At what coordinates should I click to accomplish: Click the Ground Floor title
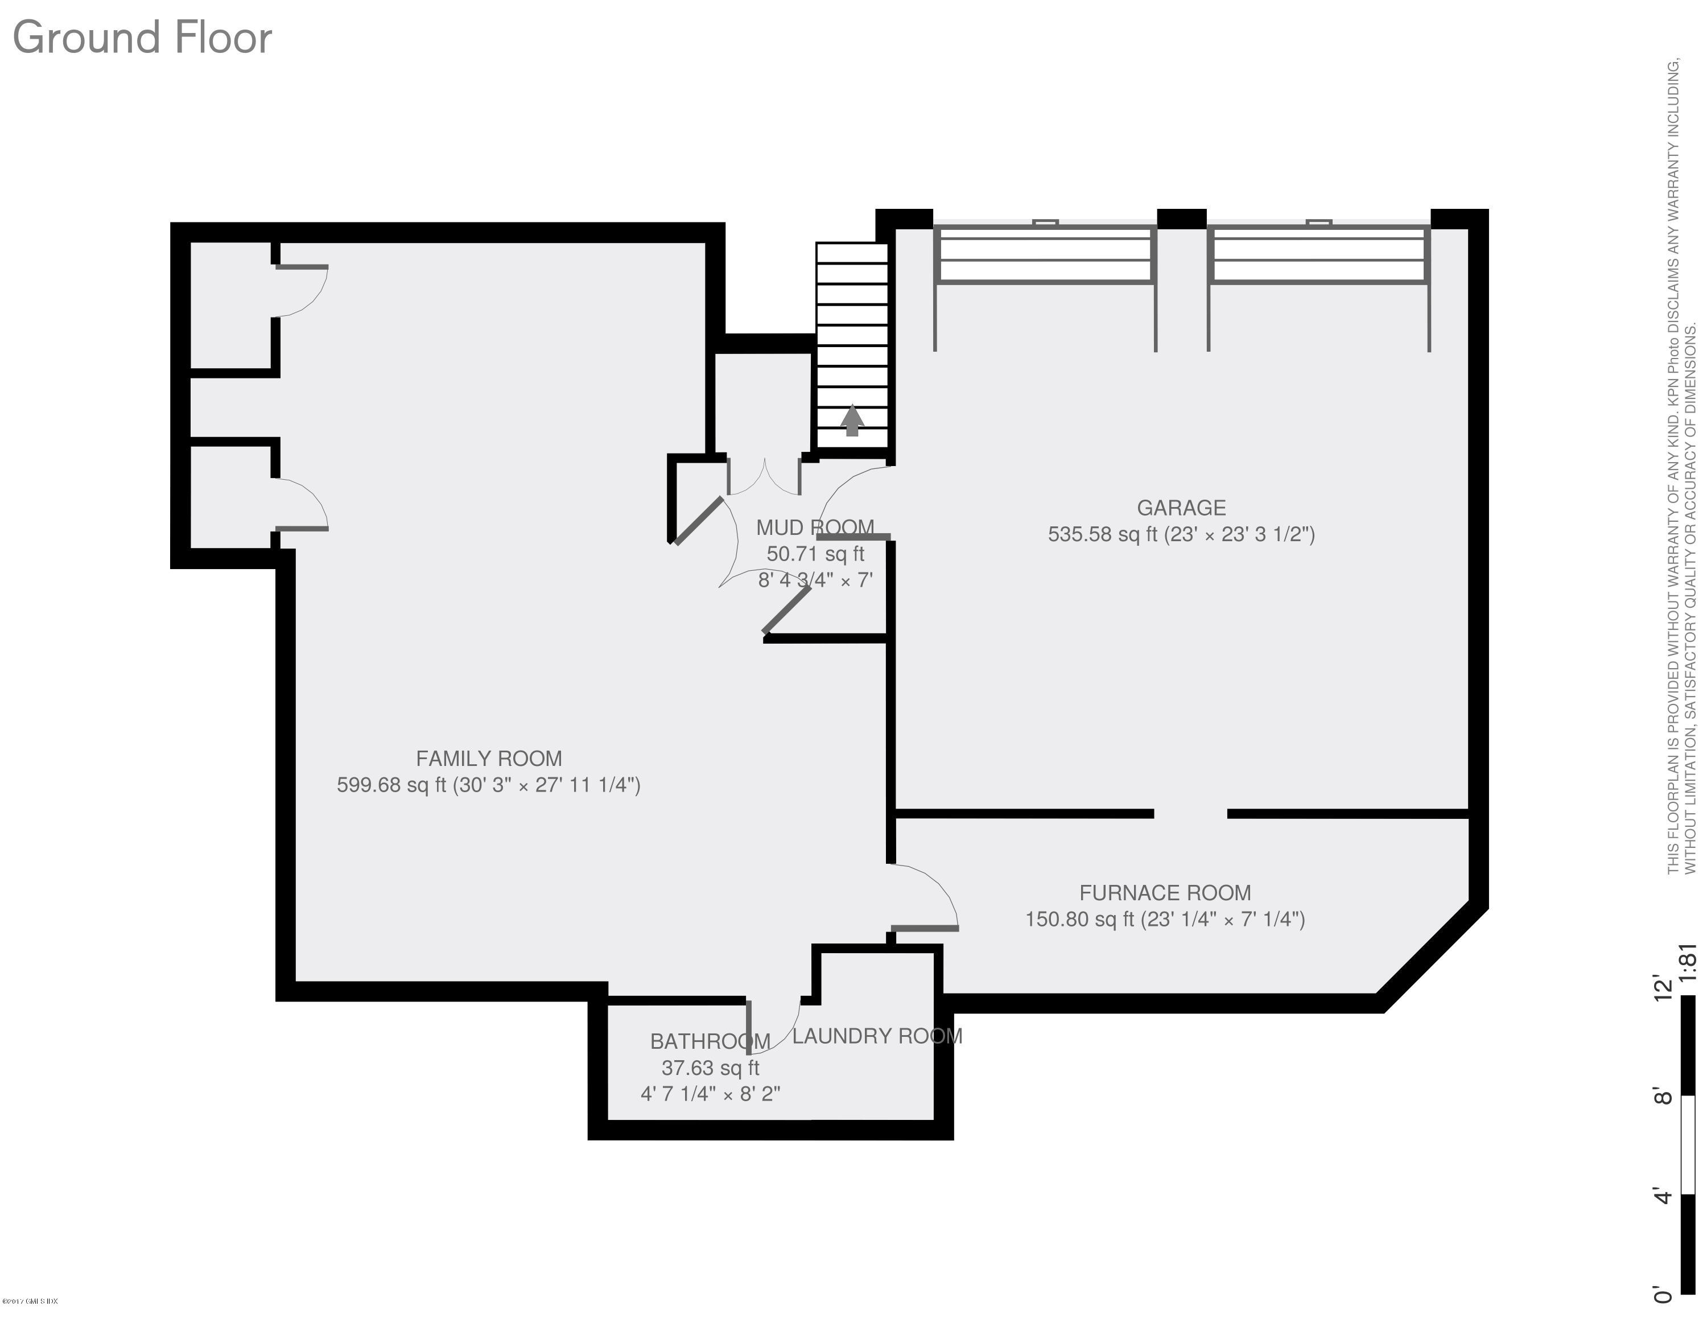point(142,38)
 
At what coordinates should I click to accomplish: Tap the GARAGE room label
point(1181,508)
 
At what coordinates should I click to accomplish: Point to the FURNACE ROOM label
point(1165,893)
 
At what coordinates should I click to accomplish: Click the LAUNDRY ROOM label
point(877,1036)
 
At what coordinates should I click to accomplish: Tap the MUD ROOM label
point(815,528)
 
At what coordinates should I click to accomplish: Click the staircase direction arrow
point(852,421)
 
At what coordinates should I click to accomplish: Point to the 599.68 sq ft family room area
point(391,785)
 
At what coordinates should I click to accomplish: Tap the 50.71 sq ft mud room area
point(815,554)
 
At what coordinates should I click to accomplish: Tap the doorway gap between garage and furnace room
point(1190,814)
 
